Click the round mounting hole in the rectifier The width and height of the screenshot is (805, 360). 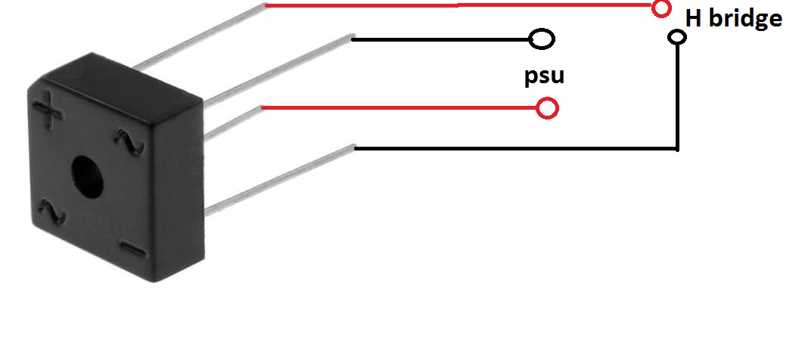point(89,174)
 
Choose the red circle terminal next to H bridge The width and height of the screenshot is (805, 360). point(661,9)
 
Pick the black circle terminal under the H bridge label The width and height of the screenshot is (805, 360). point(676,37)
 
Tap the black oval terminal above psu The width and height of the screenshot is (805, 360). point(542,39)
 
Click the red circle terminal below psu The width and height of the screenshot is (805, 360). point(547,109)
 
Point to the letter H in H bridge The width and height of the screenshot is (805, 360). point(693,18)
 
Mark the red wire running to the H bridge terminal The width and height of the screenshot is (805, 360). point(454,6)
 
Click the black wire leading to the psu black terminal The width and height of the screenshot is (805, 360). point(439,39)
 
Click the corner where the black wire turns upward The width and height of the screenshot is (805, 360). point(677,148)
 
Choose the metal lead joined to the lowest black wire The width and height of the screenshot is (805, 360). point(280,182)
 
